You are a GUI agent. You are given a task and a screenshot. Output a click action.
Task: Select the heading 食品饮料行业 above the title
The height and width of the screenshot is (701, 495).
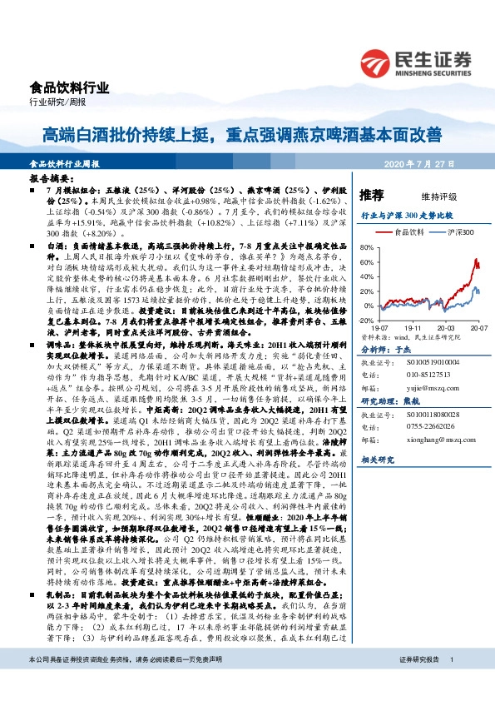click(x=57, y=87)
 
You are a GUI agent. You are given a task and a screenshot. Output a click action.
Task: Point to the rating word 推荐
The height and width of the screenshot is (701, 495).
click(x=371, y=196)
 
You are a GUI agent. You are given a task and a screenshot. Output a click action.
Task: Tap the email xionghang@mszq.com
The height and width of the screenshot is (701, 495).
click(x=432, y=439)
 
